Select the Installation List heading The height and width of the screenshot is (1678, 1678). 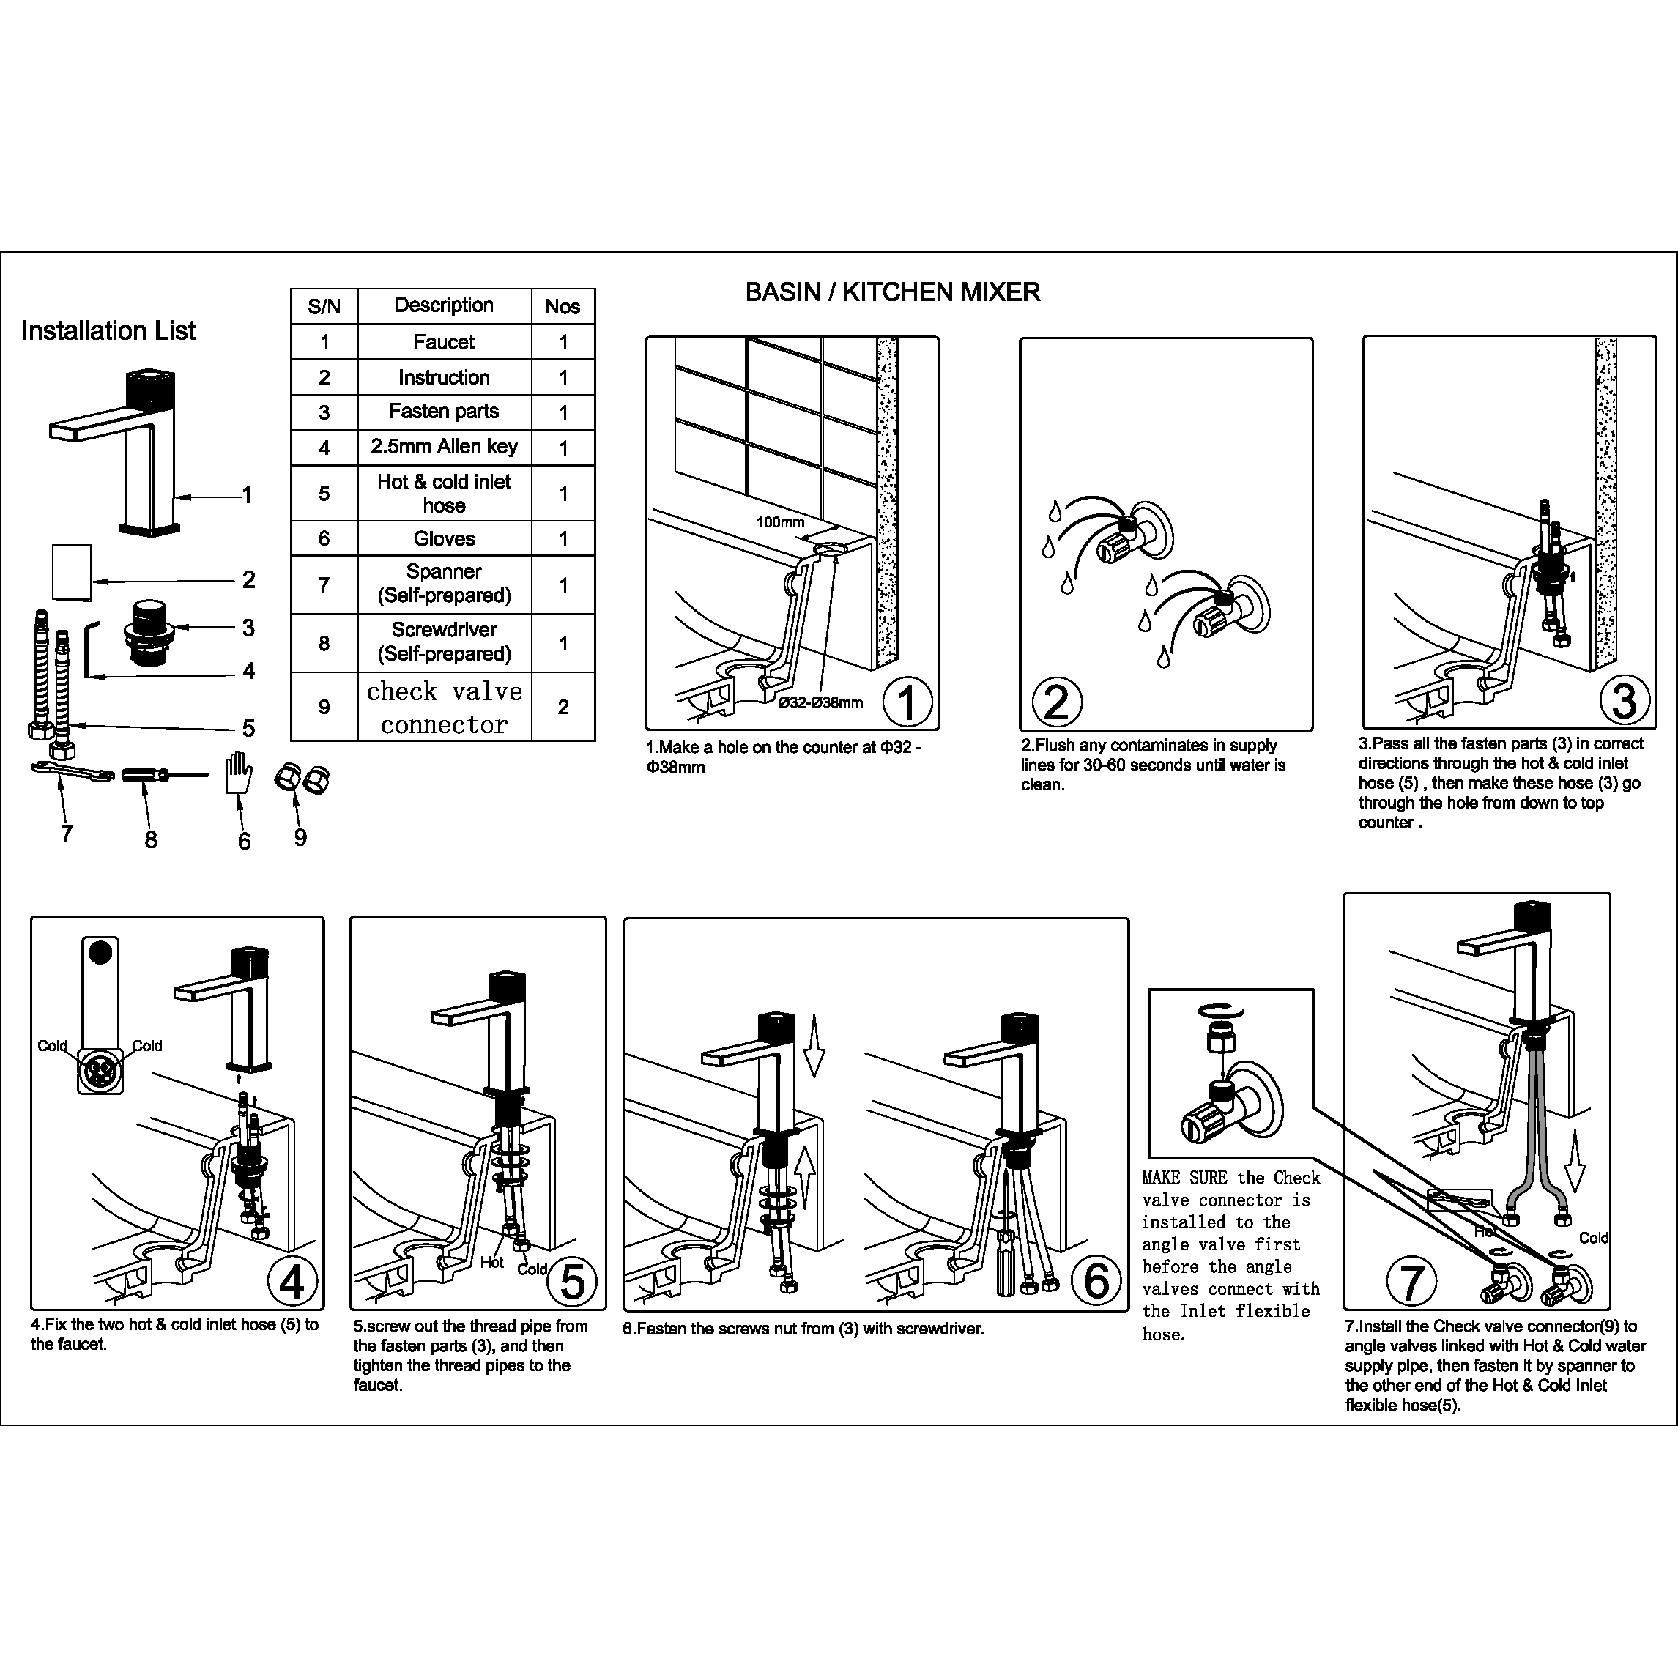click(108, 331)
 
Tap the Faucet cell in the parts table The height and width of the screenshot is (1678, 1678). click(444, 342)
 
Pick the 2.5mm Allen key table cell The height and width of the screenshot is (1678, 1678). click(444, 447)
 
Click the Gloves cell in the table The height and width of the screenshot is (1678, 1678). click(444, 538)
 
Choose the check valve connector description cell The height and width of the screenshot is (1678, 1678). click(444, 707)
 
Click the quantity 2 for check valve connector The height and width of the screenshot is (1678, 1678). click(563, 707)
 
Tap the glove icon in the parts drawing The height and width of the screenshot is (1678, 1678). click(238, 772)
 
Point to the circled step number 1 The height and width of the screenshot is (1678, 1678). click(907, 702)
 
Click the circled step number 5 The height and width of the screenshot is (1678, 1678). click(572, 1281)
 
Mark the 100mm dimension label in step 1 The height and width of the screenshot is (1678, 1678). click(779, 522)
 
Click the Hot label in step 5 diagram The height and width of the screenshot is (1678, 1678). click(491, 1262)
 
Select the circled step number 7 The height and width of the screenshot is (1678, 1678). click(1411, 1282)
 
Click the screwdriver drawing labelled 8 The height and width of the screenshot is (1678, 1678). click(163, 775)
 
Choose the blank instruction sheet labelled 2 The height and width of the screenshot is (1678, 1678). click(72, 571)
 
